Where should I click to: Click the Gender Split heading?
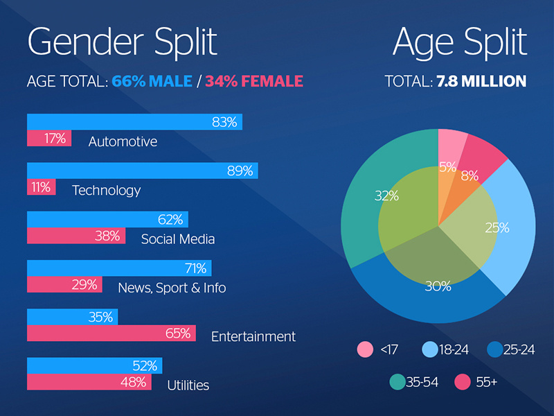click(122, 42)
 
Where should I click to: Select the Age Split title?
click(460, 42)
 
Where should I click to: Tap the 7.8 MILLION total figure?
click(481, 82)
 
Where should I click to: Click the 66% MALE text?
click(152, 82)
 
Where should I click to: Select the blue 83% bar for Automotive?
click(134, 122)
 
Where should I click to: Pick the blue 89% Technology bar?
click(142, 171)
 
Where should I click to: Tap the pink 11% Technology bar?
click(41, 187)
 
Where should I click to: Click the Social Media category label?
click(178, 239)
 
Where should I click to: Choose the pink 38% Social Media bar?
click(75, 236)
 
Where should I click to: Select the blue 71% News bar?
click(119, 268)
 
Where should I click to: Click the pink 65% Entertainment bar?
click(111, 333)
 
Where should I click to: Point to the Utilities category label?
click(188, 385)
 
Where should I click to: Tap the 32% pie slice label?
click(386, 196)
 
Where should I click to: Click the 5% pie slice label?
click(447, 167)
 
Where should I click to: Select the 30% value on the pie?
click(438, 286)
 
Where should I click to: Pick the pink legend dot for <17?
click(365, 349)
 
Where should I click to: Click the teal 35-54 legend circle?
click(397, 381)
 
